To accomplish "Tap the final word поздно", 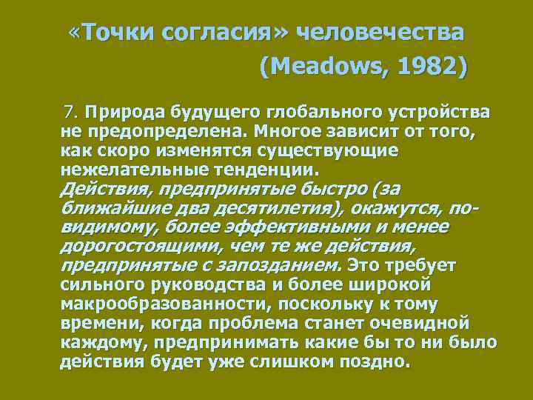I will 375,362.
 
